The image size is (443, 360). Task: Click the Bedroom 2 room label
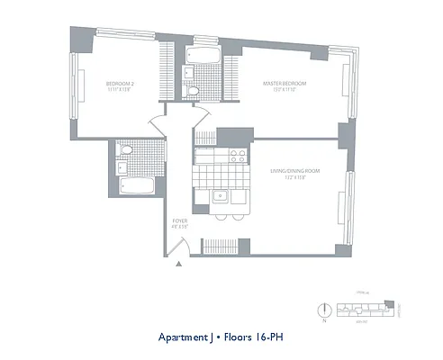(x=118, y=83)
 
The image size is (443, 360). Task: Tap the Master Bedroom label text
(x=285, y=83)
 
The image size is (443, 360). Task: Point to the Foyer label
(x=178, y=220)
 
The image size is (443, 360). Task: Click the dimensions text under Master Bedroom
(x=285, y=90)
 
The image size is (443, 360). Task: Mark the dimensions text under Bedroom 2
(x=118, y=90)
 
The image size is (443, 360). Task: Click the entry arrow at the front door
(x=180, y=264)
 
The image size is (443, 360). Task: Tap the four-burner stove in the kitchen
(x=238, y=155)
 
